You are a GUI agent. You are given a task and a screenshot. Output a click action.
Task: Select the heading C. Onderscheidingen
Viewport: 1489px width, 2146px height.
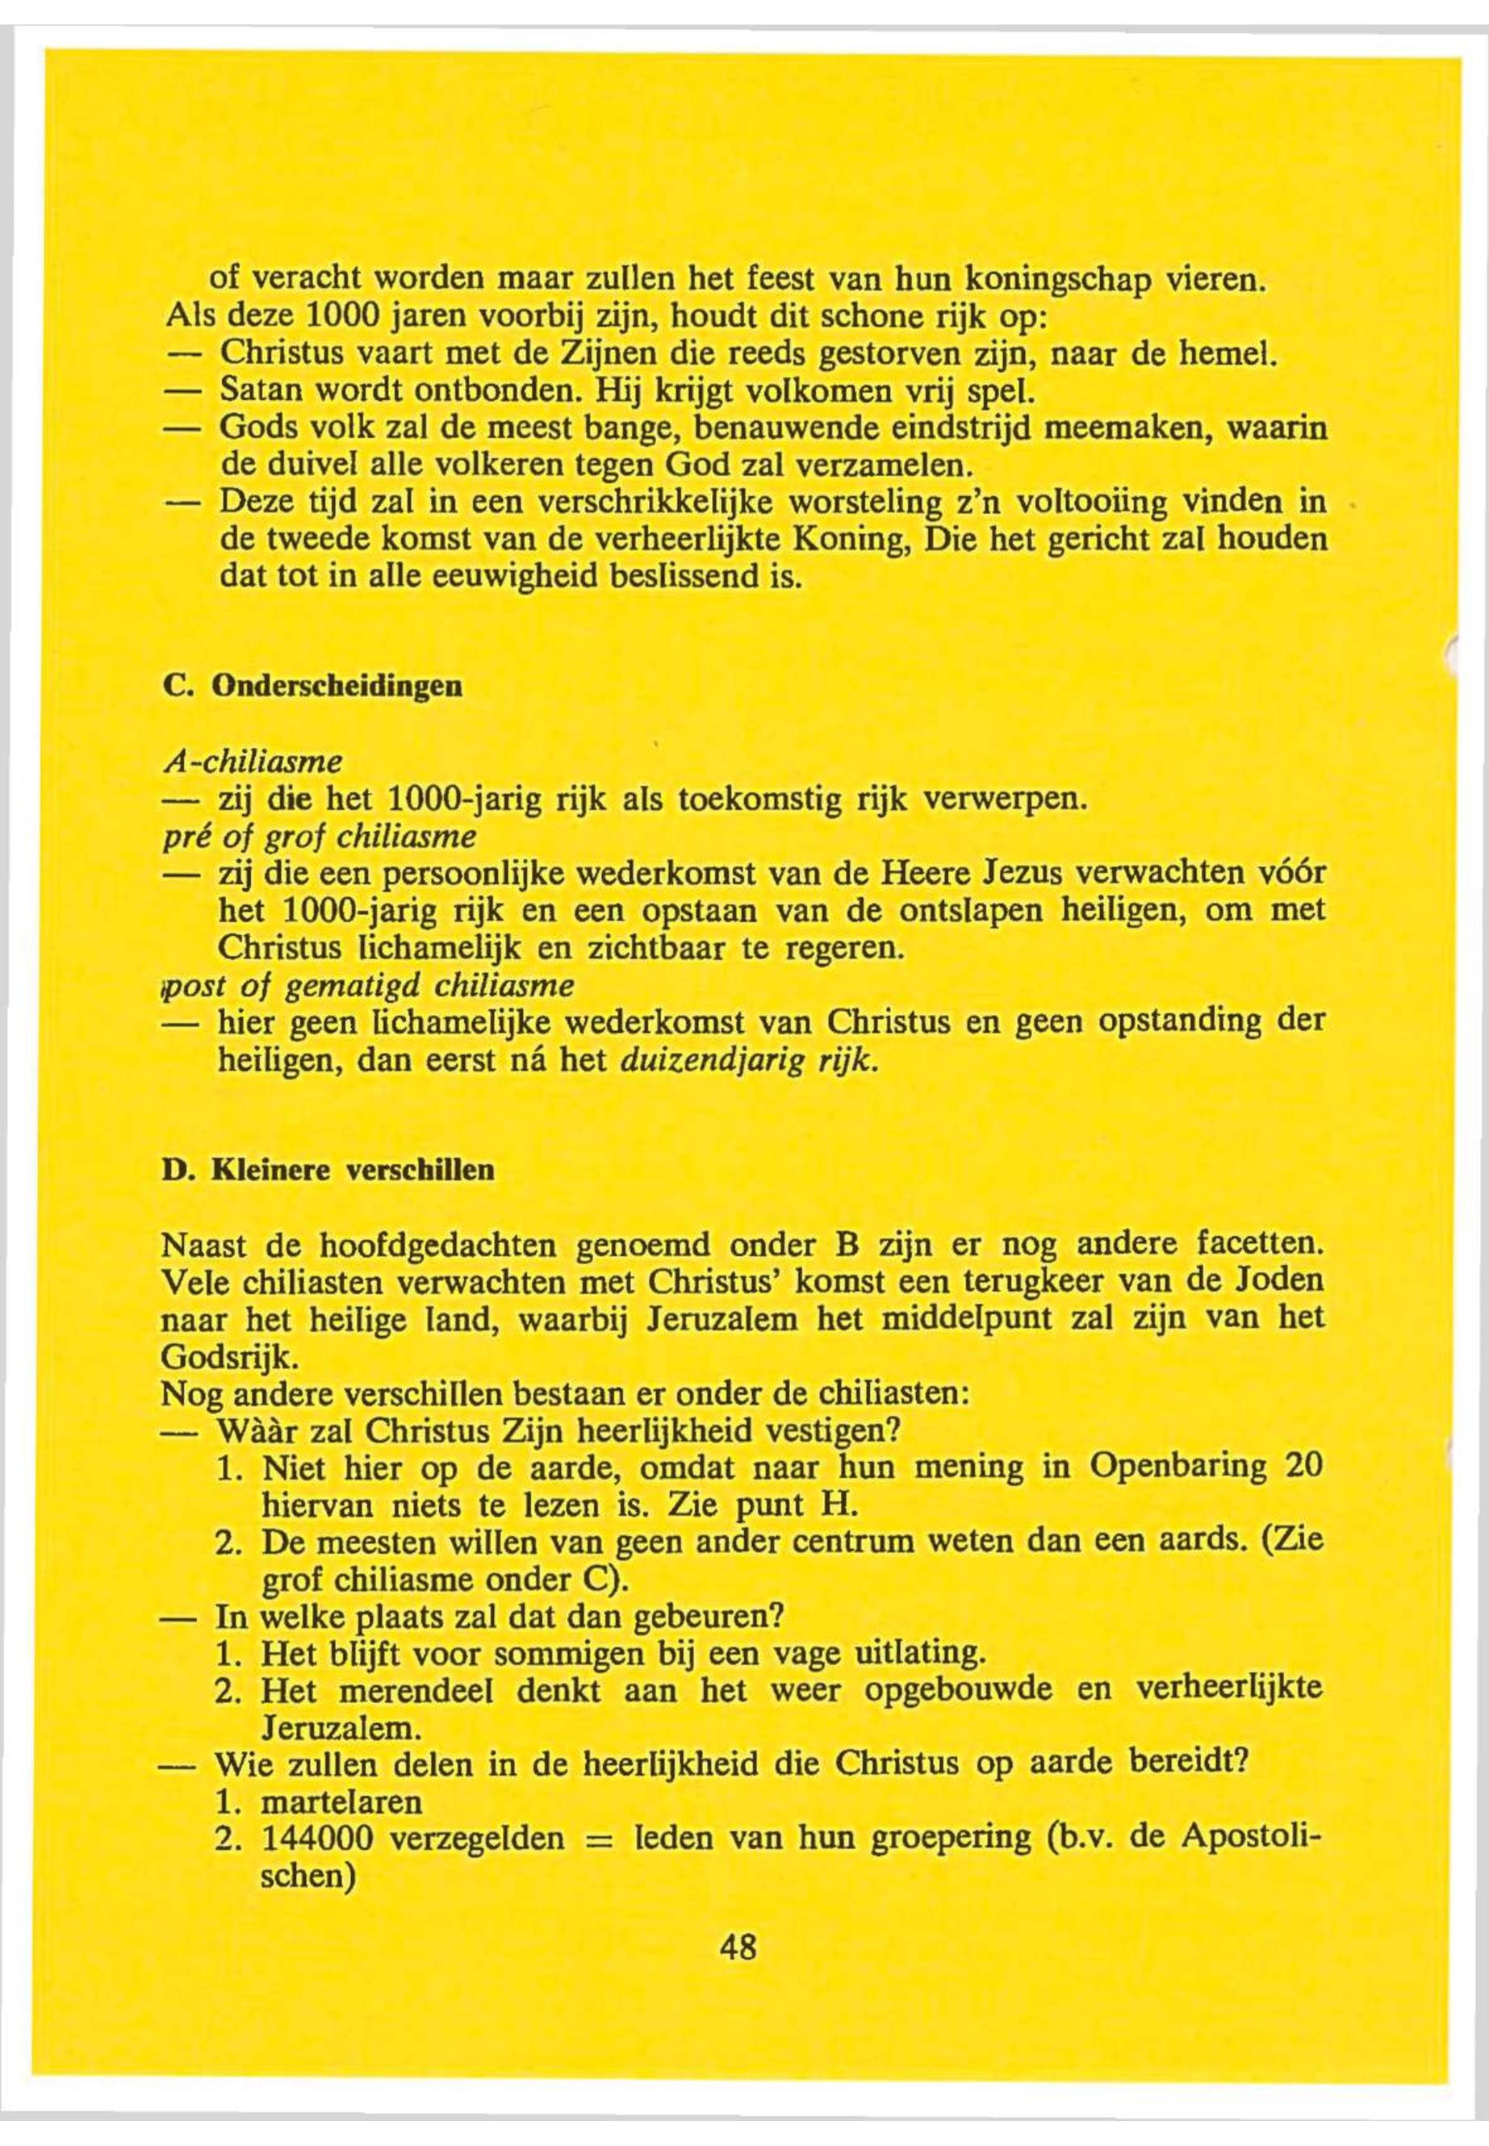point(312,687)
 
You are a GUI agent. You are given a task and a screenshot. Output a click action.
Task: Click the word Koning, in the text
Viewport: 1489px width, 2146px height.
point(855,541)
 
